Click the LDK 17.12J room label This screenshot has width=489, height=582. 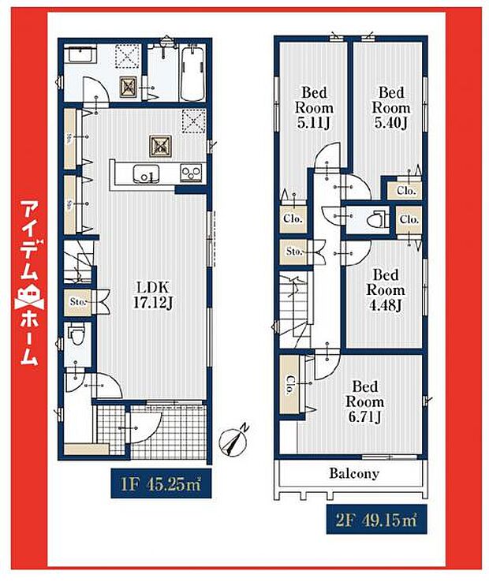pos(154,294)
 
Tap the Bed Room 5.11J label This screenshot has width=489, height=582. pos(314,107)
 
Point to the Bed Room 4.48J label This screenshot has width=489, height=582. pos(386,290)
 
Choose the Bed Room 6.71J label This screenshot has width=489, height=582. pos(367,401)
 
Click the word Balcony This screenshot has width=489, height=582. pos(354,474)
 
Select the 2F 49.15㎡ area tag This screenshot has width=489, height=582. pos(371,519)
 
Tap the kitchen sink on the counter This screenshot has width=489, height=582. pos(145,174)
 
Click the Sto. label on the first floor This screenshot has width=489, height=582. pos(77,300)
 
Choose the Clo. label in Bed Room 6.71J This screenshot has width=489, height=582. pos(290,385)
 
